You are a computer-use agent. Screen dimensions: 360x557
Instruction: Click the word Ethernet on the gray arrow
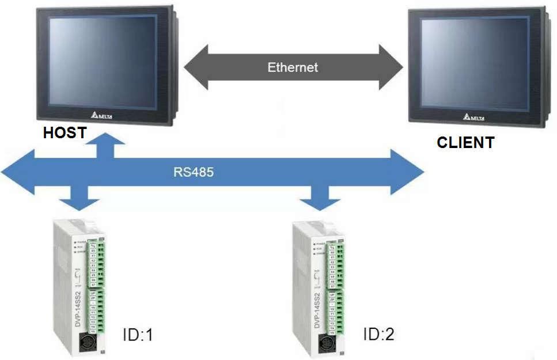pos(293,67)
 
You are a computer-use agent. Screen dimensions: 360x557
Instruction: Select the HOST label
pos(65,133)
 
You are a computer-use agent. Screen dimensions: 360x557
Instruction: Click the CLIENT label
pos(465,142)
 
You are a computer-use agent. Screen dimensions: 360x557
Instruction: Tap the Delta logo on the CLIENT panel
pos(473,117)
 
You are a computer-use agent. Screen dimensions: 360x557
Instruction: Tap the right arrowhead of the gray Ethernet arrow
pos(391,67)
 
